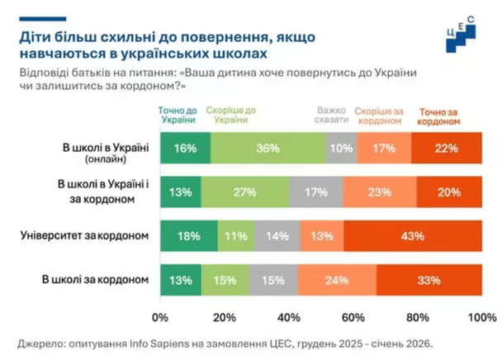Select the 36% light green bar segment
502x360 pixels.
pos(268,148)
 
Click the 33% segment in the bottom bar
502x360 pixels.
pos(429,279)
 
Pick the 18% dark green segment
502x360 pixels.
pos(189,235)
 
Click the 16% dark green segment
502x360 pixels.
pos(186,148)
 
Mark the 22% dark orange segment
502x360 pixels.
pos(447,148)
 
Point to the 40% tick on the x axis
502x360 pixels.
pos(288,317)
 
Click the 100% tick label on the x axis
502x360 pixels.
pos(481,317)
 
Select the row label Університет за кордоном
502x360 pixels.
pos(84,235)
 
